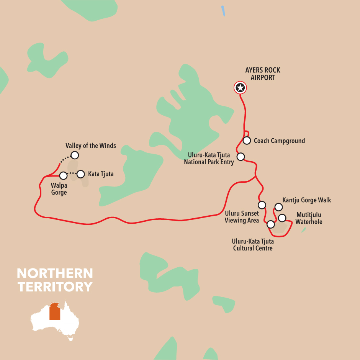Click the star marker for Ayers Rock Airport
pyautogui.click(x=240, y=88)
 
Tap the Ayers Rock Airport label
pyautogui.click(x=263, y=74)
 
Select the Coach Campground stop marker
pyautogui.click(x=247, y=141)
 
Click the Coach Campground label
pyautogui.click(x=279, y=141)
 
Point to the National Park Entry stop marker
pyautogui.click(x=241, y=157)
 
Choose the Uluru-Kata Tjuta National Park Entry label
pyautogui.click(x=209, y=158)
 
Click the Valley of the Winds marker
pyautogui.click(x=75, y=155)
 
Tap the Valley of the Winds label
pyautogui.click(x=90, y=146)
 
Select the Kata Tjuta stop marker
pyautogui.click(x=80, y=174)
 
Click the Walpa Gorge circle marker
pyautogui.click(x=64, y=176)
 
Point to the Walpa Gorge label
pyautogui.click(x=59, y=189)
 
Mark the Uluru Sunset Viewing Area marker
pyautogui.click(x=262, y=205)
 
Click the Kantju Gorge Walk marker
pyautogui.click(x=278, y=207)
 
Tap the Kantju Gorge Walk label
pyautogui.click(x=306, y=200)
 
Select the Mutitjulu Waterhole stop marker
pyautogui.click(x=282, y=218)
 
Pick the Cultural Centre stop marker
pyautogui.click(x=271, y=224)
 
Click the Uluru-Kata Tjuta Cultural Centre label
pyautogui.click(x=253, y=245)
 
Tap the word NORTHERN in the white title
pyautogui.click(x=55, y=273)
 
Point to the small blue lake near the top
pyautogui.click(x=223, y=11)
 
